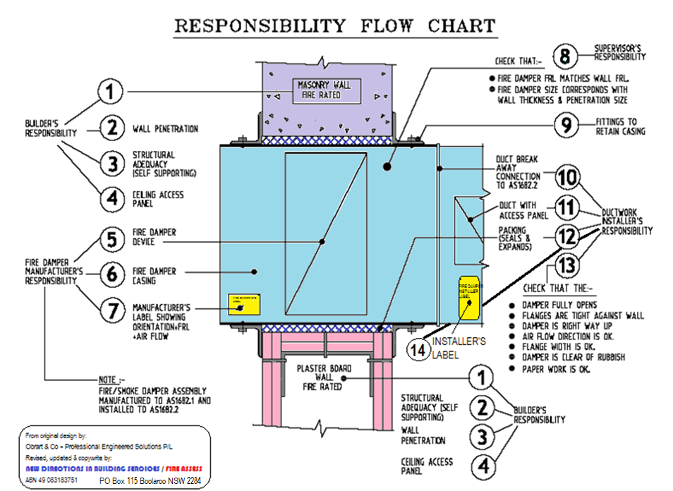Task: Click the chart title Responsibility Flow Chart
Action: [335, 26]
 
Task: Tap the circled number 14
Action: [418, 348]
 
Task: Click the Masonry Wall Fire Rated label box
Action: [320, 89]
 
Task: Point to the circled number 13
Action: [566, 267]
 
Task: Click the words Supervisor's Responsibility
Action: [619, 52]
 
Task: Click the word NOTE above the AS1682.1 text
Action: [107, 379]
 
